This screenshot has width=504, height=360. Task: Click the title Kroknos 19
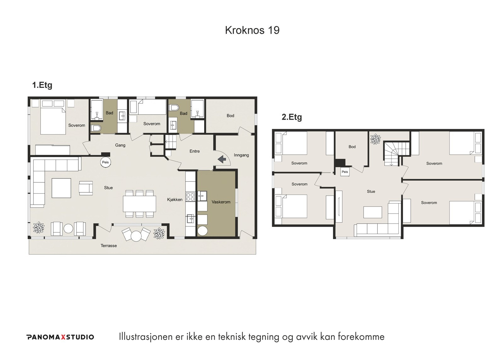252,30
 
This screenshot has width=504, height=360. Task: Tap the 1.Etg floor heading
42,85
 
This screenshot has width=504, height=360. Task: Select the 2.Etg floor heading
292,117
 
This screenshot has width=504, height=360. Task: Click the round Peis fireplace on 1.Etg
105,162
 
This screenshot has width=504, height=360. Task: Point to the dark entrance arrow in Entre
222,159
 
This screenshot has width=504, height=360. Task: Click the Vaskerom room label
221,202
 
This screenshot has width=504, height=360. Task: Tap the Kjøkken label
175,200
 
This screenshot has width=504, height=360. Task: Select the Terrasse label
109,246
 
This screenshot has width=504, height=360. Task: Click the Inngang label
241,155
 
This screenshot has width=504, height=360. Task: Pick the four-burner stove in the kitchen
190,197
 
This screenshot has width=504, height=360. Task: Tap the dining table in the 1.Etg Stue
140,204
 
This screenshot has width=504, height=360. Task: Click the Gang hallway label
120,145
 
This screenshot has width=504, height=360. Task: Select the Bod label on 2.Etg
352,147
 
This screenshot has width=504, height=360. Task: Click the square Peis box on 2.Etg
345,172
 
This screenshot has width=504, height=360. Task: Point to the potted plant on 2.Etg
375,139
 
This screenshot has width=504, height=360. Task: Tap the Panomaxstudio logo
60,337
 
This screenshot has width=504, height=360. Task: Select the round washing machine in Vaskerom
202,231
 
